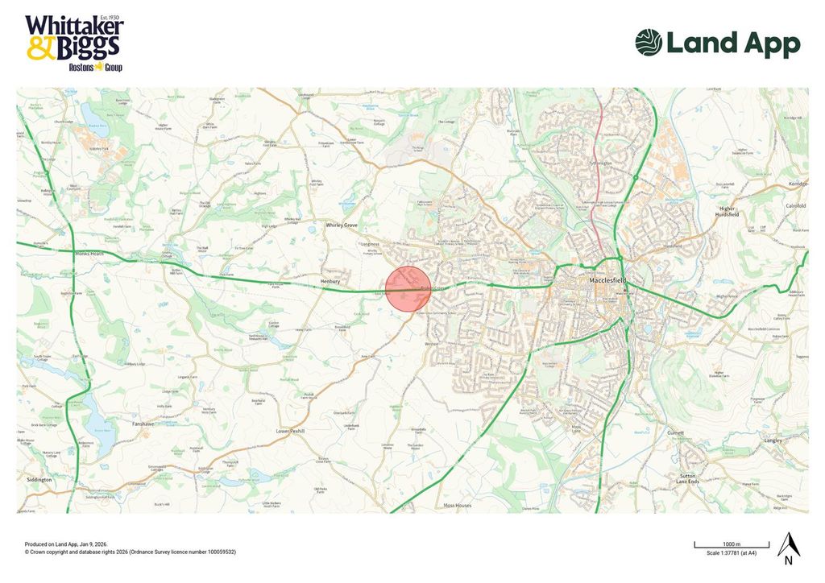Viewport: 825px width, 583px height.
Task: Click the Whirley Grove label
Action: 341,225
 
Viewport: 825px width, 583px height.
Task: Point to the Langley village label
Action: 773,440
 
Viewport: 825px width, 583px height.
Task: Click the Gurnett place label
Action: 674,432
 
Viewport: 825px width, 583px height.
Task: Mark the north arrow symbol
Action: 787,548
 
